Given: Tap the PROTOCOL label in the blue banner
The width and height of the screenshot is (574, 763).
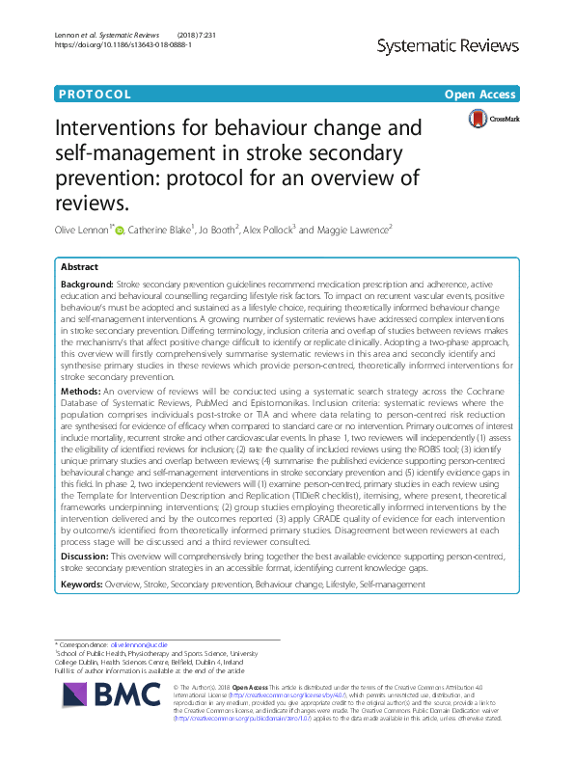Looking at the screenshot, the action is [95, 95].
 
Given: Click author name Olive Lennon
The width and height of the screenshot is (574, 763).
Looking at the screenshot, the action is [84, 231].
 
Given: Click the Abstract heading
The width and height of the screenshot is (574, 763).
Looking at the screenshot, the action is [78, 267].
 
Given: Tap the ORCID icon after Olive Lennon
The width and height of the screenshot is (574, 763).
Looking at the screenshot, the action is [120, 231].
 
